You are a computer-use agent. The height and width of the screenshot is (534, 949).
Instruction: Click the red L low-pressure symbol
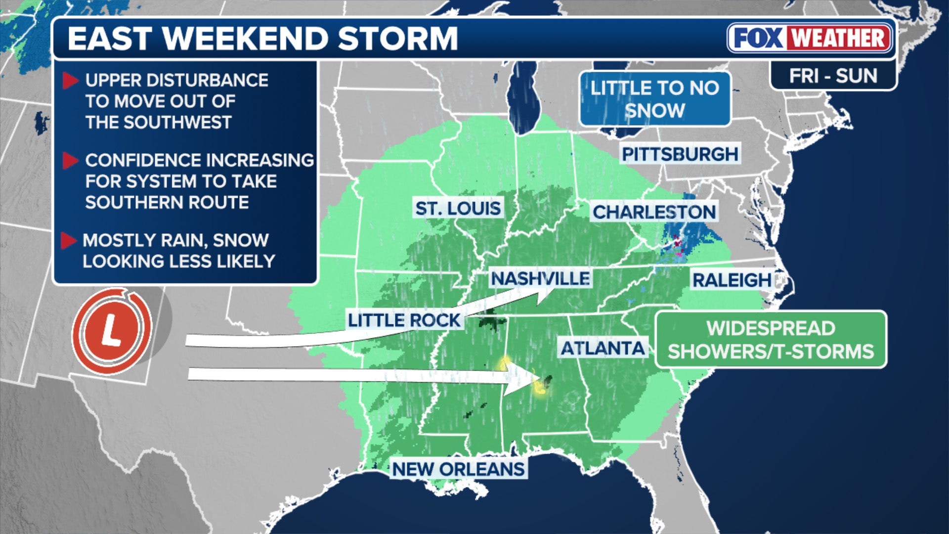pyautogui.click(x=112, y=330)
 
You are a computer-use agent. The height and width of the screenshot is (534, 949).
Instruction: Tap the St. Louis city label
pyautogui.click(x=458, y=209)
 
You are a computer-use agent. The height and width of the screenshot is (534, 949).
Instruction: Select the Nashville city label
pyautogui.click(x=540, y=279)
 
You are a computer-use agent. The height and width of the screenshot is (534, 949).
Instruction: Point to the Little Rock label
pyautogui.click(x=404, y=320)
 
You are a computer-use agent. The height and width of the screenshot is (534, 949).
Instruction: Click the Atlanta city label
pyautogui.click(x=603, y=349)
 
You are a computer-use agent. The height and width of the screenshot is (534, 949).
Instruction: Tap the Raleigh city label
pyautogui.click(x=732, y=280)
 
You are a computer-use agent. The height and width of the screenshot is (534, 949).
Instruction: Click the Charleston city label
pyautogui.click(x=654, y=212)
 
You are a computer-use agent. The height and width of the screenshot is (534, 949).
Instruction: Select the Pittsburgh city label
pyautogui.click(x=680, y=154)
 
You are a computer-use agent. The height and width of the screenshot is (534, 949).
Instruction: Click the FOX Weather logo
pyautogui.click(x=810, y=38)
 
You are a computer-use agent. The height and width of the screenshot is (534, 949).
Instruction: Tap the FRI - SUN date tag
pyautogui.click(x=833, y=76)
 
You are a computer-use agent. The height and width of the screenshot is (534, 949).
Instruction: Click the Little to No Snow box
pyautogui.click(x=654, y=99)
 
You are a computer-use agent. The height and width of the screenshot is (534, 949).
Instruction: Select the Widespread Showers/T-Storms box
pyautogui.click(x=771, y=340)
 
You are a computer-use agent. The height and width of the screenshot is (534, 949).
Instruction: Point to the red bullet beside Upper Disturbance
pyautogui.click(x=71, y=81)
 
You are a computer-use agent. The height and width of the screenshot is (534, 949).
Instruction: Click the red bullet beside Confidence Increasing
pyautogui.click(x=71, y=161)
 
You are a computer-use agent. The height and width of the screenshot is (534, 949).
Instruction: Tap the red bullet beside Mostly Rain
pyautogui.click(x=69, y=241)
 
